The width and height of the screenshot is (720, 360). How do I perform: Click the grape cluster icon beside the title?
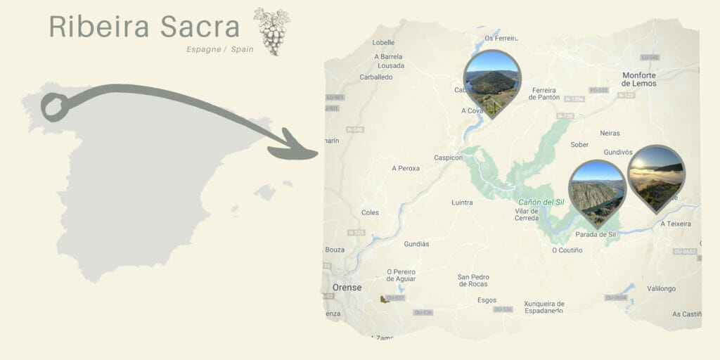pyautogui.click(x=271, y=31)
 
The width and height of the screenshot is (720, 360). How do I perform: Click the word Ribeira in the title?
pyautogui.click(x=99, y=27)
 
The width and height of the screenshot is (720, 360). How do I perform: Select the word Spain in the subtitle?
pyautogui.click(x=242, y=49)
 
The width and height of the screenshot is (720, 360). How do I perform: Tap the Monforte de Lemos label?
pyautogui.click(x=639, y=79)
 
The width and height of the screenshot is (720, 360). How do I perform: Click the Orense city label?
pyautogui.click(x=347, y=288)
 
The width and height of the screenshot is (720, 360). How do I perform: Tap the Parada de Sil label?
pyautogui.click(x=596, y=234)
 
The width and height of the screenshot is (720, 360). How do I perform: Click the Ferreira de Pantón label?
pyautogui.click(x=544, y=94)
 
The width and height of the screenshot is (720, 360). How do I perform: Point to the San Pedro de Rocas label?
pyautogui.click(x=473, y=280)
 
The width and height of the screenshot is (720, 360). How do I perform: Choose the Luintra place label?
pyautogui.click(x=462, y=202)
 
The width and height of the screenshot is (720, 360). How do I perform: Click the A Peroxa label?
pyautogui.click(x=406, y=169)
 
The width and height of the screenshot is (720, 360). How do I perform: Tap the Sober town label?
pyautogui.click(x=579, y=144)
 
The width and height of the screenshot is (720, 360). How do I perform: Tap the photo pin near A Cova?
pyautogui.click(x=492, y=79)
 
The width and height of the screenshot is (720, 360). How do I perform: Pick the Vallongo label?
pyautogui.click(x=661, y=288)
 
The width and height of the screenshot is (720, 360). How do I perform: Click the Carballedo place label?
pyautogui.click(x=376, y=77)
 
